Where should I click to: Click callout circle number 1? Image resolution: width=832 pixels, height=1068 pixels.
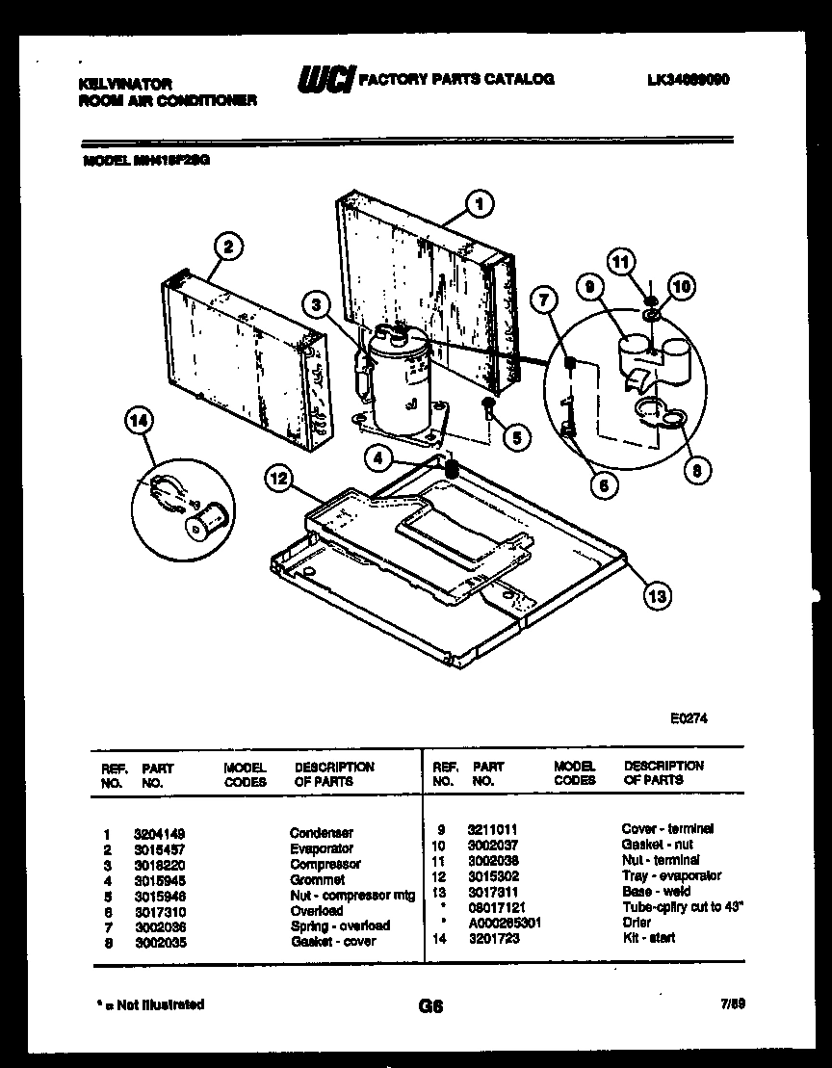[x=478, y=202]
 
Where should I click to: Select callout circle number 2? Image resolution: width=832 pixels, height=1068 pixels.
[x=227, y=247]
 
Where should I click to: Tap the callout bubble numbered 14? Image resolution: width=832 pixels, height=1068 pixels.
[x=141, y=421]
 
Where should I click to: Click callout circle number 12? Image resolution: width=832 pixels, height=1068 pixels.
[x=277, y=475]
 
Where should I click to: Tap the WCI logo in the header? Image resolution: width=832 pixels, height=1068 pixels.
[x=326, y=81]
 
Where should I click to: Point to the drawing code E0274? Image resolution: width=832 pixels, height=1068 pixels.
[x=689, y=717]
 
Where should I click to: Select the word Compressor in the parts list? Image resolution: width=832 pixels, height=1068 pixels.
[x=325, y=864]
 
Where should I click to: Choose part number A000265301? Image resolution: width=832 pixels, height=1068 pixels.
[x=504, y=923]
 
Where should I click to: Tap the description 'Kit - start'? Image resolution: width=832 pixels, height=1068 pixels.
[x=649, y=938]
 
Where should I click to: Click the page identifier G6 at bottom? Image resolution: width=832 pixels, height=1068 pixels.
[x=430, y=1006]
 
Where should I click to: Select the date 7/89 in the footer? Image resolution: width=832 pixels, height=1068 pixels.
[x=733, y=1004]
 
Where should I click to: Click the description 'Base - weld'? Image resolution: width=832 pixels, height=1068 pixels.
[x=656, y=891]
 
